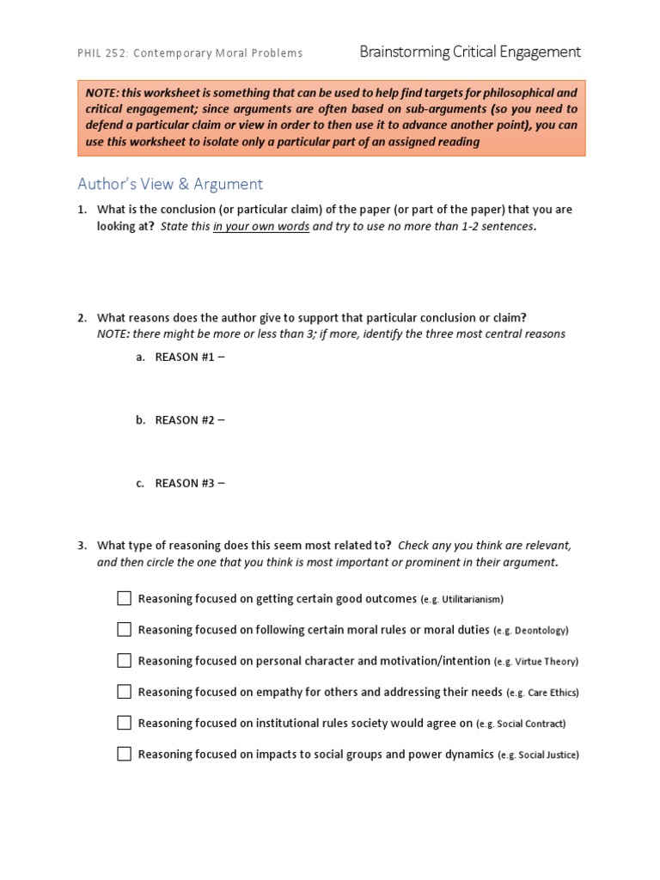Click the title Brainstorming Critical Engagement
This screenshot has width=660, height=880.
470,52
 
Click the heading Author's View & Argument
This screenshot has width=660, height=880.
170,184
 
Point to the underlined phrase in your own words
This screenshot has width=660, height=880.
261,227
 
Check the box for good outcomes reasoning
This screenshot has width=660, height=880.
125,598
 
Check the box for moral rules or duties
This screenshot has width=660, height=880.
125,629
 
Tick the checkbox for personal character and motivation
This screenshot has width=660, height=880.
125,660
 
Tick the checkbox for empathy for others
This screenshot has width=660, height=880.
125,692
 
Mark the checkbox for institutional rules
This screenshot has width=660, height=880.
125,723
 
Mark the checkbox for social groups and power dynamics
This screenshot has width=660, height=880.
125,754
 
